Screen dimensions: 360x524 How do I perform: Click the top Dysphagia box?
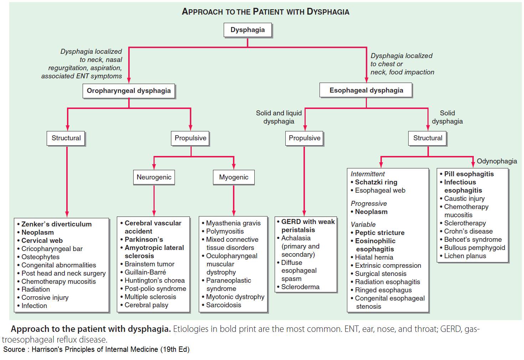pos(248,30)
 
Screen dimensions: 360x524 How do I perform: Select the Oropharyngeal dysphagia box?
pos(129,91)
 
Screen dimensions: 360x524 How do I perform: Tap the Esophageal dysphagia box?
pos(366,90)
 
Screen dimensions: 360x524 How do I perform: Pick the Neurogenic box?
pos(154,177)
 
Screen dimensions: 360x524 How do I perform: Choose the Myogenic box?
pos(234,177)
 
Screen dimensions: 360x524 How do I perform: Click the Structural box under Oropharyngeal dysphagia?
pos(66,138)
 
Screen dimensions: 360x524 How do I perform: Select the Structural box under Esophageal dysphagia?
pos(427,138)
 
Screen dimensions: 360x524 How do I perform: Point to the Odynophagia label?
pos(497,161)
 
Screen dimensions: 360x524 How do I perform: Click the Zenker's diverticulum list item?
pos(56,224)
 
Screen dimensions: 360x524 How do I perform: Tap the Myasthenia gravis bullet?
pos(233,223)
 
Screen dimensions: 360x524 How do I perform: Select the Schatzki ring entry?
pos(376,182)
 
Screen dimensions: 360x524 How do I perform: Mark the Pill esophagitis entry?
pos(468,174)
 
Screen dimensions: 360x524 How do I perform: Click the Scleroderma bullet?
pos(300,287)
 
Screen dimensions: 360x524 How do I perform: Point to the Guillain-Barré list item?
pos(145,272)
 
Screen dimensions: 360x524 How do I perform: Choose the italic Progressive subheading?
pos(369,204)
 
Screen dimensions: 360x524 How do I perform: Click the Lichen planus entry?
pos(465,256)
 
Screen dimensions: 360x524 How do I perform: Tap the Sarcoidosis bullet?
pos(223,305)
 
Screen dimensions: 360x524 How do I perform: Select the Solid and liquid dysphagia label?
pos(279,117)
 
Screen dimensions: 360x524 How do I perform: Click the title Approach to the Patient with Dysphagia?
pos(265,11)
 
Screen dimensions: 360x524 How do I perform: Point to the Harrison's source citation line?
pos(96,349)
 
